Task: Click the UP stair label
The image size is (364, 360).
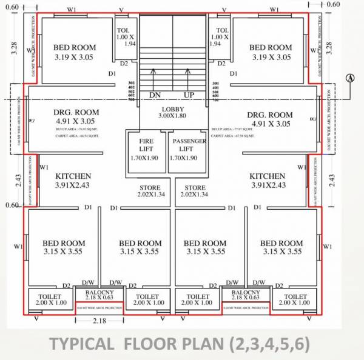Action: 189,95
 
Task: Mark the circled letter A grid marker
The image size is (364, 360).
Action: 351,78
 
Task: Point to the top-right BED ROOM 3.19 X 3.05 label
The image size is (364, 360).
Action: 271,52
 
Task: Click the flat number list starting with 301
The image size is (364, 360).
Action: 131,91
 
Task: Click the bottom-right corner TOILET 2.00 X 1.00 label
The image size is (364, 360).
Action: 295,299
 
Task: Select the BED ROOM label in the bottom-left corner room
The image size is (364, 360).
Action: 64,247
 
